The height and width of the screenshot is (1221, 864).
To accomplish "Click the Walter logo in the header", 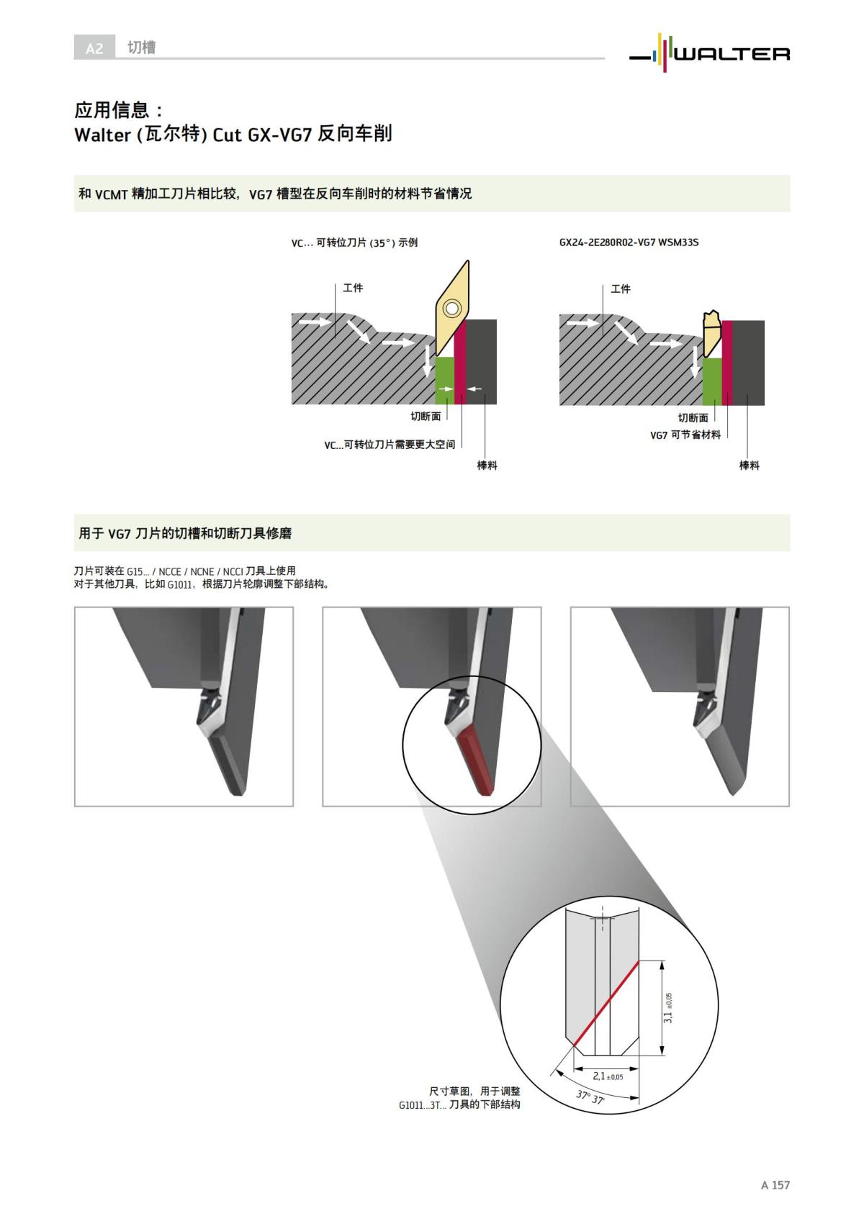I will (709, 52).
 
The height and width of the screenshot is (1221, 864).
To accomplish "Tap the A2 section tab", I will (94, 48).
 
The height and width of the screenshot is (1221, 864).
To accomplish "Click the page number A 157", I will (775, 1185).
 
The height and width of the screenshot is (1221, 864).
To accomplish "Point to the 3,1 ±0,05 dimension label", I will (668, 1008).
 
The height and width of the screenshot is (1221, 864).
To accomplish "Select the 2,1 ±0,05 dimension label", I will (607, 1076).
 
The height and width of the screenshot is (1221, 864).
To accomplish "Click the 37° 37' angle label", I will (590, 1098).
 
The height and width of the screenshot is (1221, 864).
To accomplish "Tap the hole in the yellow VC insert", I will (451, 309).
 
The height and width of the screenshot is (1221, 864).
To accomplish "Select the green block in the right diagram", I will (712, 381).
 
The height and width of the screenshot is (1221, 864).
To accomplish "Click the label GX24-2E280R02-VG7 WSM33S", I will (629, 242).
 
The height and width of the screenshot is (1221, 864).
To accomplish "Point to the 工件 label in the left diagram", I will (353, 288).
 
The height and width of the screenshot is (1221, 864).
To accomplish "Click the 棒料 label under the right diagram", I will (749, 466).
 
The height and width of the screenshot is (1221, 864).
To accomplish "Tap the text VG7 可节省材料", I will (685, 435).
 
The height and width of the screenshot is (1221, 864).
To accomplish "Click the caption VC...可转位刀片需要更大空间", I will (389, 445).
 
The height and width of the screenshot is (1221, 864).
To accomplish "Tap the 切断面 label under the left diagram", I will (426, 417).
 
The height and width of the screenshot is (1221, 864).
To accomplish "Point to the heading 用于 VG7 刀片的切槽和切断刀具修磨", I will (185, 533).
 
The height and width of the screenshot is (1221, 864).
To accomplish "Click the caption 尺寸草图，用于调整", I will (474, 1091).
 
